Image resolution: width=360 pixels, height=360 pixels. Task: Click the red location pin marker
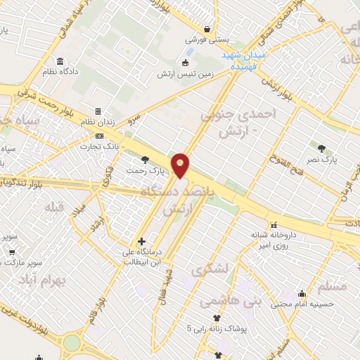[181, 165]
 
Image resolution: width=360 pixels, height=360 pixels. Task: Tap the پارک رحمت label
[145, 170]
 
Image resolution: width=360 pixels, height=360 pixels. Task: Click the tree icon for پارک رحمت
[146, 160]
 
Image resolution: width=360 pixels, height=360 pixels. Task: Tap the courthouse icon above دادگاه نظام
[60, 60]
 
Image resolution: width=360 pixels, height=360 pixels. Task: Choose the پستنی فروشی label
[205, 40]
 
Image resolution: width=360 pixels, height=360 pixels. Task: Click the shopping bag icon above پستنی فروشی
[207, 29]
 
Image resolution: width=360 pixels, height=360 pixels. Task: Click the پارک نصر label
[323, 160]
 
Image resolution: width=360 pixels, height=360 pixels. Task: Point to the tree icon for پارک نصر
[321, 148]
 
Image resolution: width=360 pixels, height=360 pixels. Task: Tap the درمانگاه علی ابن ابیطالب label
[143, 257]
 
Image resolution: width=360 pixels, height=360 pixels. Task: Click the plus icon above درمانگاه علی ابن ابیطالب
[142, 241]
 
